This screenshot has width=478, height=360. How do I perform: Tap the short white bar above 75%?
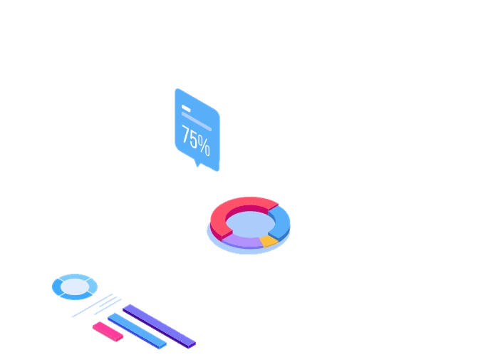pos(185,109)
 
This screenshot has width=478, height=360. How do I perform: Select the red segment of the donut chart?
pos(235,206)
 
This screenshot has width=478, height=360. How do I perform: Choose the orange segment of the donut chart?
pos(269,240)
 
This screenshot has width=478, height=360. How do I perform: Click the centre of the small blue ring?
pos(74,287)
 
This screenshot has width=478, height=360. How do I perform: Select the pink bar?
pos(108,331)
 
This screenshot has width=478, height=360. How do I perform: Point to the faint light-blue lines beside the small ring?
pos(96,306)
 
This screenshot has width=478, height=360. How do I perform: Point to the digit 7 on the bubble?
pos(185,134)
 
